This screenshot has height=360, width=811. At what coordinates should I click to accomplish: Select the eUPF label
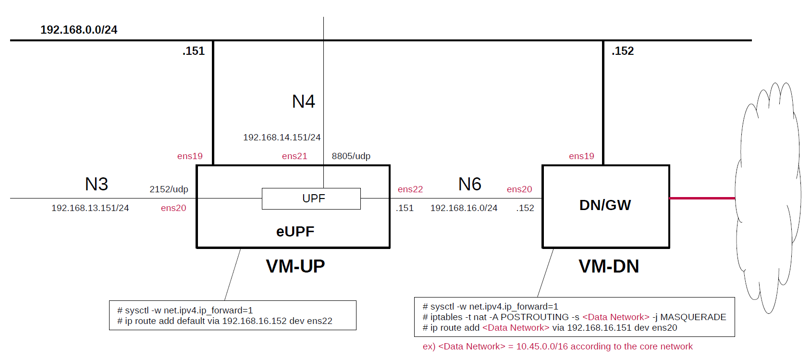click(295, 232)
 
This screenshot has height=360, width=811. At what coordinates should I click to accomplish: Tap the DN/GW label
click(605, 205)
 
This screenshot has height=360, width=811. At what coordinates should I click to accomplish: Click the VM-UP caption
click(295, 266)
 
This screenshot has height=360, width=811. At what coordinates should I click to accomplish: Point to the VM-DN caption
click(609, 266)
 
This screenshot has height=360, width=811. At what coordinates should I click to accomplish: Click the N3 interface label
click(97, 184)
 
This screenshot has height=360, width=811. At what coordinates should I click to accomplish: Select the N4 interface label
click(304, 101)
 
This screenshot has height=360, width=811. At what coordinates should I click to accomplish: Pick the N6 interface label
click(470, 184)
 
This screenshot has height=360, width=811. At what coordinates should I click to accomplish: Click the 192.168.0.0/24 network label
click(79, 30)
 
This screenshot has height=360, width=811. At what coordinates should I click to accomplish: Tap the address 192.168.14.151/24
click(282, 137)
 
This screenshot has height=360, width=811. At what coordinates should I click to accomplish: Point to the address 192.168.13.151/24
click(90, 208)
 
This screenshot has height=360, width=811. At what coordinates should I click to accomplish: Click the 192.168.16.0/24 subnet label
click(464, 208)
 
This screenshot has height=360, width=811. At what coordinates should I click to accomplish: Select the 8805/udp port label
click(351, 156)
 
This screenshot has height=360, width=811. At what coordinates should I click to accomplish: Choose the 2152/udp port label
click(169, 189)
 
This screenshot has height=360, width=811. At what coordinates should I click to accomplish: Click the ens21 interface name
click(295, 156)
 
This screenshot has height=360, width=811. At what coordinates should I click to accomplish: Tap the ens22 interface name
click(410, 189)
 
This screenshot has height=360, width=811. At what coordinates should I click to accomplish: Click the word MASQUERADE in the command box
click(693, 317)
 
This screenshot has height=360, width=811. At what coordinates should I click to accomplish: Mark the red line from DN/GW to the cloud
click(702, 198)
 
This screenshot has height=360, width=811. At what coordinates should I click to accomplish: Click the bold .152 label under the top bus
click(623, 51)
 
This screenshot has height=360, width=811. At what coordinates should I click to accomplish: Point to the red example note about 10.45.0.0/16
click(557, 347)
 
